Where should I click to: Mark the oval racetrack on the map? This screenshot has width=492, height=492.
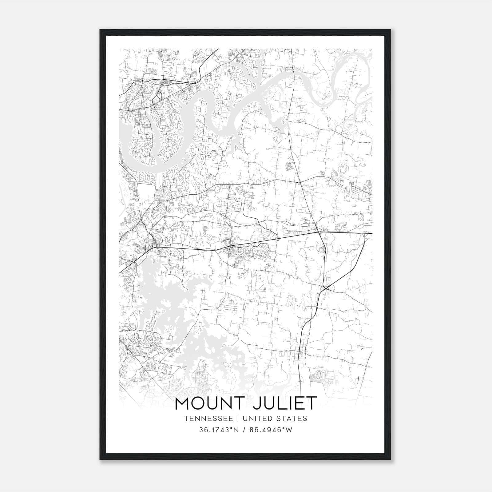point(319,375)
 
